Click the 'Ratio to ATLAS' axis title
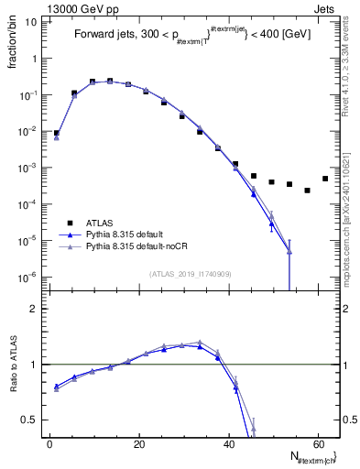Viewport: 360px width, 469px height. [13, 364]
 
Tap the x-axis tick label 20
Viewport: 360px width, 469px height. [138, 444]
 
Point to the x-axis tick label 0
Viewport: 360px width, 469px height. [49, 444]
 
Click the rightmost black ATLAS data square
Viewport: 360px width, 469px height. [325, 179]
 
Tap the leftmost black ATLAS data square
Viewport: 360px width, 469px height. [56, 133]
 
